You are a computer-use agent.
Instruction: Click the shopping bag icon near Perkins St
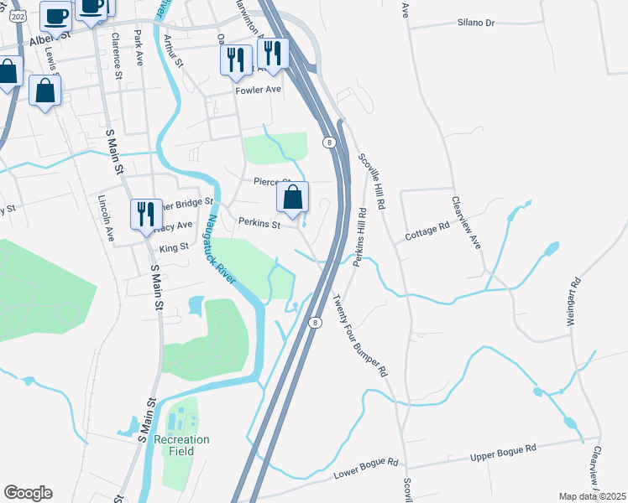click(293, 199)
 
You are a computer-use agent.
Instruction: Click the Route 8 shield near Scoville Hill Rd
click(331, 143)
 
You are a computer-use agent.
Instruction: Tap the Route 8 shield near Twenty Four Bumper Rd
click(315, 322)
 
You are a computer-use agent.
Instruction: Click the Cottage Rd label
click(427, 226)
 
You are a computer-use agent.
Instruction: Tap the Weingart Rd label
click(572, 301)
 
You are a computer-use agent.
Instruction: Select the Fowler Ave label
click(258, 90)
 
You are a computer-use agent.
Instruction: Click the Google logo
click(28, 493)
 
